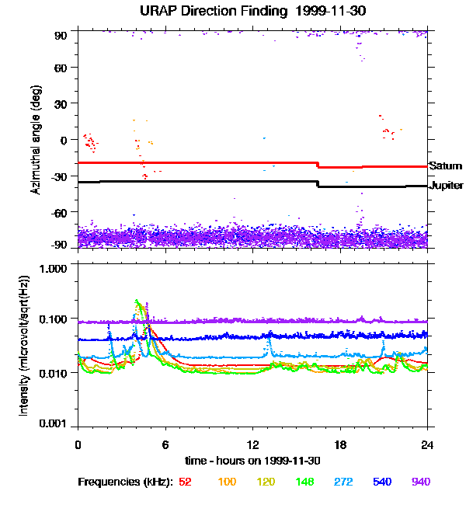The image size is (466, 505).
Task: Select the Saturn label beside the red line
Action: tap(445, 166)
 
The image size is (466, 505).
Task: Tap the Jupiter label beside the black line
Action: tap(446, 186)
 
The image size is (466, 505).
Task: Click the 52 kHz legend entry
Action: tap(185, 482)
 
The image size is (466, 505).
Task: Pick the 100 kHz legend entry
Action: tap(227, 482)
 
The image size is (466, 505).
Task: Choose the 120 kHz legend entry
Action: tap(266, 482)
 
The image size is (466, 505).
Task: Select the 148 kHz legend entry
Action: tap(306, 482)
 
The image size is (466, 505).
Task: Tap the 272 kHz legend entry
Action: tap(344, 482)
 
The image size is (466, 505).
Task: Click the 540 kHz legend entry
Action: tap(383, 482)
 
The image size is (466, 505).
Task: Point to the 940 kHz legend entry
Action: tap(421, 482)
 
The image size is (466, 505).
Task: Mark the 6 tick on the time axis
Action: tap(165, 445)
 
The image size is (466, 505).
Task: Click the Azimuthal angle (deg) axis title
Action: tap(36, 140)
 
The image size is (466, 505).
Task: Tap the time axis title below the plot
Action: tap(252, 461)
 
